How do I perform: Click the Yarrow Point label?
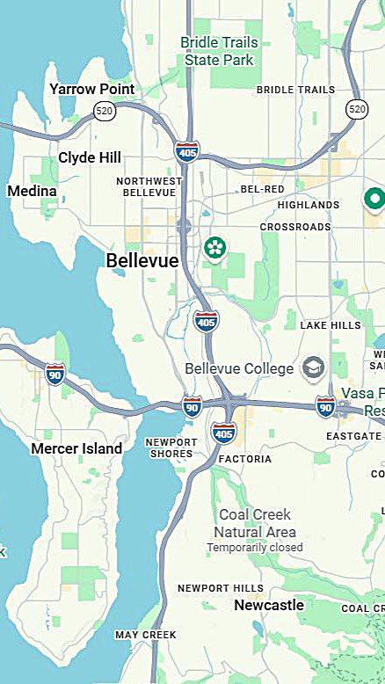pos(92,89)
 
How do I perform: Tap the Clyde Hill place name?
pos(90,157)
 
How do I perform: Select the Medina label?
pos(32,191)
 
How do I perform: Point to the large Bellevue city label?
pos(142,261)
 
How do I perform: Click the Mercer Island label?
pos(76,448)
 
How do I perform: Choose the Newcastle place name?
pos(269,605)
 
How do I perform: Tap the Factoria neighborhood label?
pos(245,459)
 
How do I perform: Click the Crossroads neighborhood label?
pos(295,227)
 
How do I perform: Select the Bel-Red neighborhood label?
pos(262,189)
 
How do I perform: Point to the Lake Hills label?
pos(331,325)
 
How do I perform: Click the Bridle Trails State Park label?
pos(219,51)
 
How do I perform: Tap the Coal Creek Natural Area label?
pos(256,523)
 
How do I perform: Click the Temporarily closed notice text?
pos(255,547)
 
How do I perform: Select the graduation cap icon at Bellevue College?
pos(312,367)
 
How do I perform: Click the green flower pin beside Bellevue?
pos(214,247)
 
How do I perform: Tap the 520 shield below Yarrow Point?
pos(104,110)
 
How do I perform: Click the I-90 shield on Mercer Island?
pos(55,373)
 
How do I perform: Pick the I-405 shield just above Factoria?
pos(223,432)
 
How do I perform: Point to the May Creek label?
pos(146,634)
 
